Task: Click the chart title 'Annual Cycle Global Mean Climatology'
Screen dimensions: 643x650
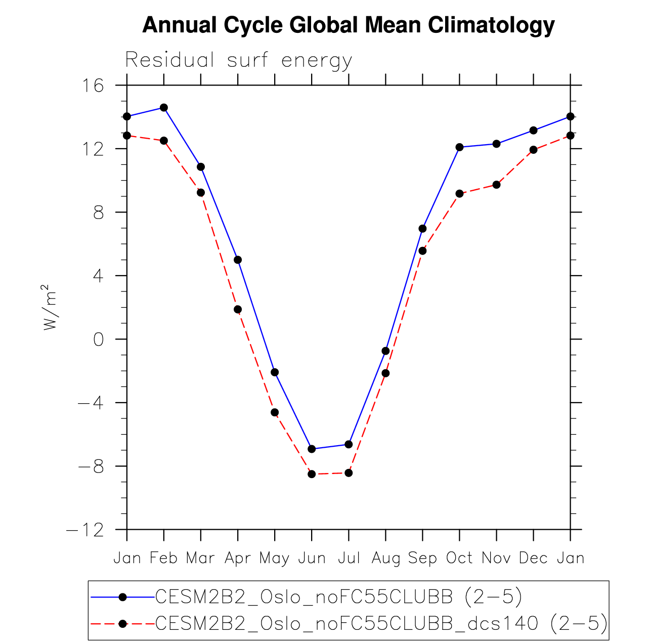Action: (349, 25)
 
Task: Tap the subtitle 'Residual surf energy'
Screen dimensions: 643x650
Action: (238, 60)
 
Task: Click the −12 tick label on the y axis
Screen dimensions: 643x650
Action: (85, 530)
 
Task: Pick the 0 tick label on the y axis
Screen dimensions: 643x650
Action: (99, 339)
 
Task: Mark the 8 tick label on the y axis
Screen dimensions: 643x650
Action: (99, 212)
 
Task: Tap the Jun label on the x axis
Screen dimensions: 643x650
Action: (312, 558)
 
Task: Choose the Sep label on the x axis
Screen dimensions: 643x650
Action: (422, 558)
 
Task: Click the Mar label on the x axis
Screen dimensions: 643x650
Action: (200, 558)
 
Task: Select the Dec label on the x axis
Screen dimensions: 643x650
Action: (533, 558)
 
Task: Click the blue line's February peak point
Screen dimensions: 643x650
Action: (164, 108)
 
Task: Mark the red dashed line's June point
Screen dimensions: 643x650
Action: (312, 474)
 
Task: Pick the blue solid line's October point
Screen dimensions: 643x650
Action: (459, 147)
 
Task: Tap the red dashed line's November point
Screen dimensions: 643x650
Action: (496, 185)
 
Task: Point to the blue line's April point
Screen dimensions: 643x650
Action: (238, 260)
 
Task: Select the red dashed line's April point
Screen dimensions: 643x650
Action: (238, 310)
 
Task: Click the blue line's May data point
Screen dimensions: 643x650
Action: (275, 372)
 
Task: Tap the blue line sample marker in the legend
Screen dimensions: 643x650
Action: (122, 597)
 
